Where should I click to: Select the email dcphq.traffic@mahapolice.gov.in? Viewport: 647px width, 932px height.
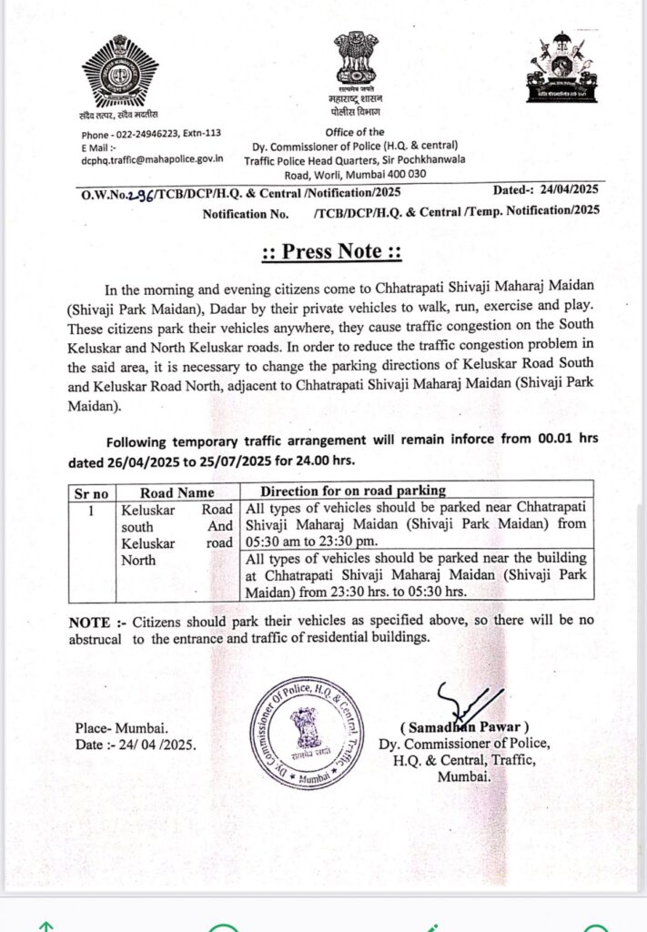click(152, 158)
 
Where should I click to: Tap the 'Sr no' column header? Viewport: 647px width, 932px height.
click(91, 492)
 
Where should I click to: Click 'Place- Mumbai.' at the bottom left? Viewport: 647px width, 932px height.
click(122, 728)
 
